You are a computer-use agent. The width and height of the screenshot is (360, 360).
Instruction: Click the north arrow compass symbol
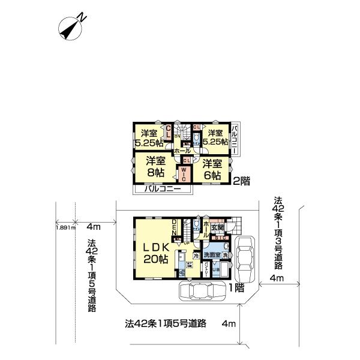pos(71,26)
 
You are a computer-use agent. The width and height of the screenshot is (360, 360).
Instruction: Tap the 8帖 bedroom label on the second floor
pos(157,166)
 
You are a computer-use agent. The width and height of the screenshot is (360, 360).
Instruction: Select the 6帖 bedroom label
pos(212,169)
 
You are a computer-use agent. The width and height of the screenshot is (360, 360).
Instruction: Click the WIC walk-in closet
pos(184,172)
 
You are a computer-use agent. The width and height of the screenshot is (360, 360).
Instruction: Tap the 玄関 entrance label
pos(217,227)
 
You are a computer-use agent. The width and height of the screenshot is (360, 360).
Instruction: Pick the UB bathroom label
pos(217,267)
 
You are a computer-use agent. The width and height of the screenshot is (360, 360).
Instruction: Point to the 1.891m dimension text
pos(65,228)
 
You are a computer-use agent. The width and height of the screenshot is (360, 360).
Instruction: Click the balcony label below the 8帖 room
pos(163,190)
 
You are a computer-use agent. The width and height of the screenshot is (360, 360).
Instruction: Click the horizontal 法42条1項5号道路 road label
pos(166,323)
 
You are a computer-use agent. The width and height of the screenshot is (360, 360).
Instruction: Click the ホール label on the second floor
pos(182,152)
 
